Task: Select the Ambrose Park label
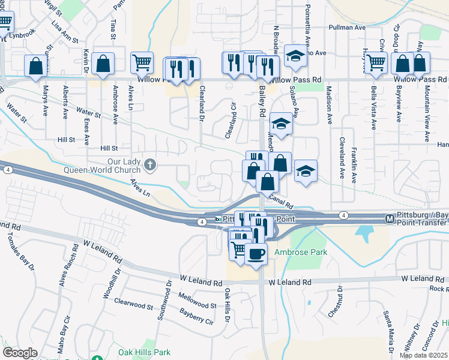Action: (301, 252)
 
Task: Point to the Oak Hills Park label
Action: (145, 353)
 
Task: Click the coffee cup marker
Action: (256, 254)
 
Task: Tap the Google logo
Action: (20, 353)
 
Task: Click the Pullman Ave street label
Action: (347, 28)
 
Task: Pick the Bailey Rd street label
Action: (262, 100)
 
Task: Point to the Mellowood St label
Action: (197, 301)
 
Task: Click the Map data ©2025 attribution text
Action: (423, 355)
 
